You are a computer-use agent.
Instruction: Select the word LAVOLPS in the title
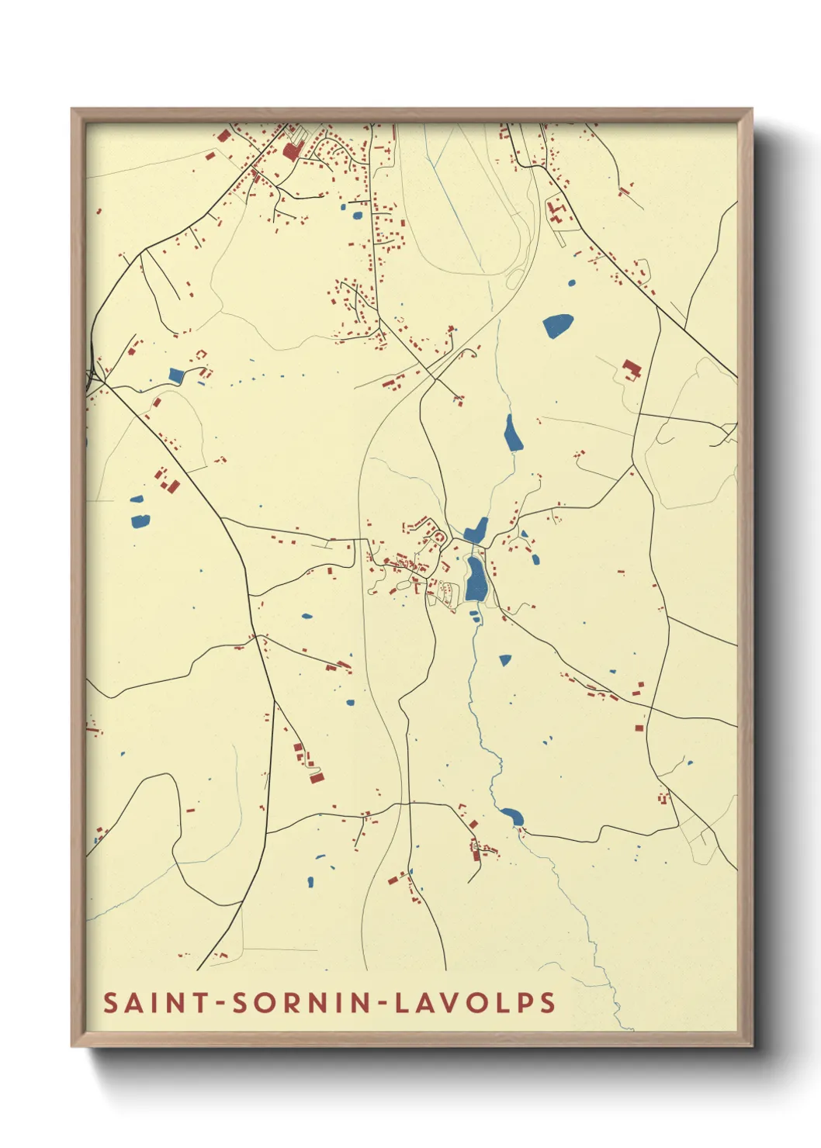pyautogui.click(x=475, y=1002)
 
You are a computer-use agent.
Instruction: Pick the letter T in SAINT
pyautogui.click(x=200, y=1002)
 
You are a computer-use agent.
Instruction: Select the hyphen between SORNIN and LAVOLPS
pyautogui.click(x=383, y=1003)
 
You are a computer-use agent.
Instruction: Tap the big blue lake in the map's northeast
pyautogui.click(x=558, y=325)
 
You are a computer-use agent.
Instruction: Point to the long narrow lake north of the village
pyautogui.click(x=512, y=434)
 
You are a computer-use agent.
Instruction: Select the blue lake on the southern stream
pyautogui.click(x=512, y=816)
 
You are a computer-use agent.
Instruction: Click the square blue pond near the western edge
pyautogui.click(x=176, y=376)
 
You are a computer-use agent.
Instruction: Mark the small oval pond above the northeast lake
pyautogui.click(x=572, y=282)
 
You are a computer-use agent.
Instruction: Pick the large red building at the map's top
pyautogui.click(x=291, y=150)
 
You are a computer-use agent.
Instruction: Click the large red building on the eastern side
pyautogui.click(x=630, y=368)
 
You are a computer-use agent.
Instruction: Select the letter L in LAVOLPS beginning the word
pyautogui.click(x=402, y=1002)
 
